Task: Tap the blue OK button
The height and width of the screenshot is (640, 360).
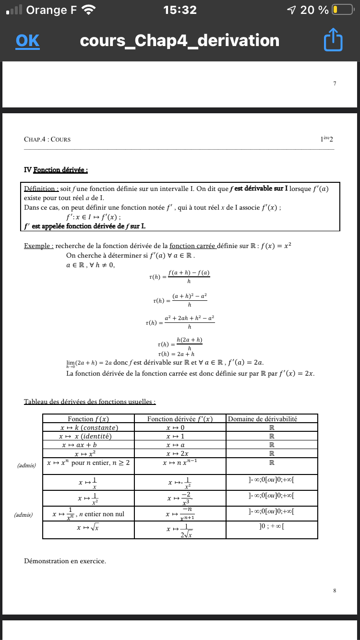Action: point(27,41)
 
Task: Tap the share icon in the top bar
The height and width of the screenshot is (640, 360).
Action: point(334,41)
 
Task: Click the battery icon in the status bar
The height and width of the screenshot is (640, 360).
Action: point(342,10)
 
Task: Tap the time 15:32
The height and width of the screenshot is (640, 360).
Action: point(180,10)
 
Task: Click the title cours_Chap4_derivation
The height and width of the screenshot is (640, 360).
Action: point(180,41)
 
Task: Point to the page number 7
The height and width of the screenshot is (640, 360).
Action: point(335,83)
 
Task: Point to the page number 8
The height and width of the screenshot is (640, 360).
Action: point(335,590)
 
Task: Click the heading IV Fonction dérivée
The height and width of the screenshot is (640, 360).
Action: point(56,170)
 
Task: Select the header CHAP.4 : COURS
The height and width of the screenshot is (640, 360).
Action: point(47,140)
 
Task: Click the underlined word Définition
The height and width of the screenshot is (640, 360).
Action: point(41,189)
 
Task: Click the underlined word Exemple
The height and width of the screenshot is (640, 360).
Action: point(38,246)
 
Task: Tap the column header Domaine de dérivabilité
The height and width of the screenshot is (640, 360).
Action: point(263,419)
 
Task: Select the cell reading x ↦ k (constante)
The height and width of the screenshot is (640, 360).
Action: point(89,427)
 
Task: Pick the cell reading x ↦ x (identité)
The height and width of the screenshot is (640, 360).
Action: point(89,436)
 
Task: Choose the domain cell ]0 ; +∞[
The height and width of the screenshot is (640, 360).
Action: point(271,527)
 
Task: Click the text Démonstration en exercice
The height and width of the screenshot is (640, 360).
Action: point(65,561)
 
